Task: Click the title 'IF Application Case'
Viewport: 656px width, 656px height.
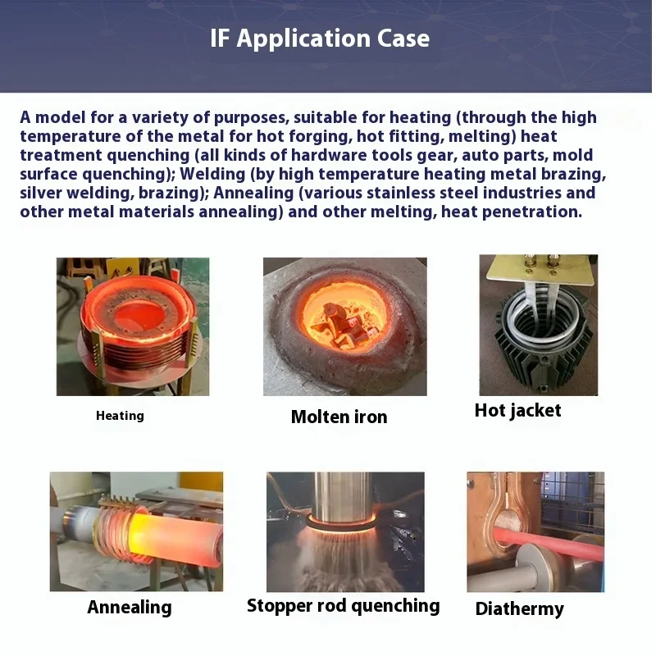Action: pos(320,39)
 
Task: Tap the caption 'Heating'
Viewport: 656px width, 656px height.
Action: pos(120,416)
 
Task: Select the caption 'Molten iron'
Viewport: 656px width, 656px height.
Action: pos(339,417)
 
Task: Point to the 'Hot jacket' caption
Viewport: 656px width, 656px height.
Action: pos(517,410)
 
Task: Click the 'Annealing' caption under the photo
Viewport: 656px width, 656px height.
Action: pos(130,608)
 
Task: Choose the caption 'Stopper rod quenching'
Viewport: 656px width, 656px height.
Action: pos(344,606)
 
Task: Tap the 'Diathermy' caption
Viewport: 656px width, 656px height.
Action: pos(520,608)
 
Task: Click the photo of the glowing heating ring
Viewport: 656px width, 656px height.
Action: pos(133,326)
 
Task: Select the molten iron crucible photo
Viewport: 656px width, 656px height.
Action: pos(344,326)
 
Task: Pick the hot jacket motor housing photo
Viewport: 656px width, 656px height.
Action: pos(538,325)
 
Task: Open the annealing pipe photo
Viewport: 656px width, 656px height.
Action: pos(136,531)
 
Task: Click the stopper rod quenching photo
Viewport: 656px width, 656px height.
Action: pos(345,531)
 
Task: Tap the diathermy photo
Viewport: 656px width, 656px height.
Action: pos(535,531)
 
